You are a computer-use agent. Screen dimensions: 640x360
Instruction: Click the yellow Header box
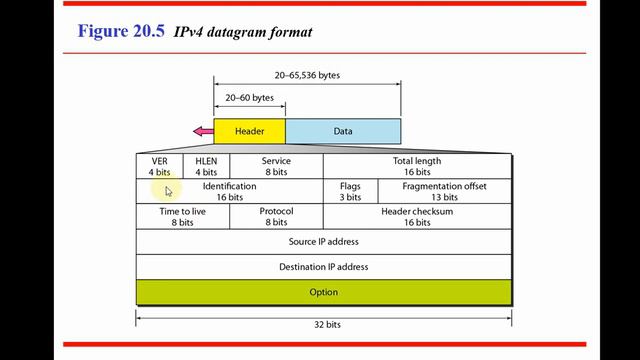[x=249, y=131]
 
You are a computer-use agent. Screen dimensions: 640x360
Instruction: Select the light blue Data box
[x=343, y=131]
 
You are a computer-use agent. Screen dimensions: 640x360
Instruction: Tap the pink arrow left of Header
[x=203, y=131]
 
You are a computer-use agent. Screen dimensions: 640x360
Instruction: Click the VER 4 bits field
[x=159, y=166]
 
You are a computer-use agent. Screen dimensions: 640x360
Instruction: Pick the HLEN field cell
[x=206, y=166]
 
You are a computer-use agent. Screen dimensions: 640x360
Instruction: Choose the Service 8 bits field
[x=276, y=166]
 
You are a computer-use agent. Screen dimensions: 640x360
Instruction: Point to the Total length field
[x=417, y=166]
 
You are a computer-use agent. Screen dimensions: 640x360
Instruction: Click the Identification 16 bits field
[x=229, y=191]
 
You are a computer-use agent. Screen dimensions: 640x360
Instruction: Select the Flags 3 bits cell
[x=350, y=191]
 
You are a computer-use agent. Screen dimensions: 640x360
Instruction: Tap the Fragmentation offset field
[x=444, y=191]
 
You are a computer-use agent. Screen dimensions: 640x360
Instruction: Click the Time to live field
[x=182, y=216]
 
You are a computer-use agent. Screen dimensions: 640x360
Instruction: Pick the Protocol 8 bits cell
[x=276, y=216]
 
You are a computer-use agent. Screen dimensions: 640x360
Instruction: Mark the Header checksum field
[x=417, y=216]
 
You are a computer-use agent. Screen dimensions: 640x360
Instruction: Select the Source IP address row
[x=323, y=242]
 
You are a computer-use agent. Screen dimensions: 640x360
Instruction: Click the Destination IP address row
[x=323, y=267]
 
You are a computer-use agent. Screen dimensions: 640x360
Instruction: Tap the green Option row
[x=323, y=292]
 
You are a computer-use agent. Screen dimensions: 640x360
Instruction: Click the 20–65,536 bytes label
[x=307, y=75]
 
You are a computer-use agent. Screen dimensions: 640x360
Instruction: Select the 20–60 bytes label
[x=249, y=98]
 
